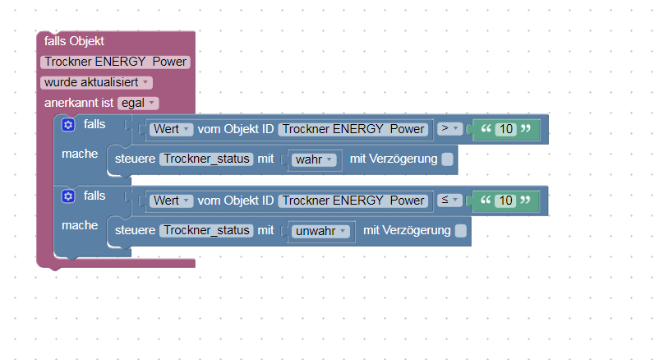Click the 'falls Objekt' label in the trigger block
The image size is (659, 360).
click(74, 41)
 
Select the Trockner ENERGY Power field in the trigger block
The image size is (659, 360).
click(116, 62)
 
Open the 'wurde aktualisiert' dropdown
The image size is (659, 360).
click(96, 82)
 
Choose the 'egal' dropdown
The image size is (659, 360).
click(138, 103)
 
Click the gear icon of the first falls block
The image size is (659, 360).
click(68, 125)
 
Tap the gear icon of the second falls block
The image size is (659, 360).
click(68, 196)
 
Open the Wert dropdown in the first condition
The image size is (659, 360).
click(171, 129)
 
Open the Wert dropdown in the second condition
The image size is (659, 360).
click(171, 201)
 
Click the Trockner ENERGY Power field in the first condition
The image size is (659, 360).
click(354, 129)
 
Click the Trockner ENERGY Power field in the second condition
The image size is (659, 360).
click(354, 201)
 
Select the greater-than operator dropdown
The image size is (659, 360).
click(449, 129)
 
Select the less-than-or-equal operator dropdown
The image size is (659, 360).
click(449, 201)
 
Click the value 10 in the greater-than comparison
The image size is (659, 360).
click(506, 129)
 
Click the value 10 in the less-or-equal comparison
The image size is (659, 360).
click(506, 201)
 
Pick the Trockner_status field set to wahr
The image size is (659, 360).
click(206, 159)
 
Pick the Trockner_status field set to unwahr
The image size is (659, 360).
click(206, 231)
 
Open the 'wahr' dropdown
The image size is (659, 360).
click(315, 159)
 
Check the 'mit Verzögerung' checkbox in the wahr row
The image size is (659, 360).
click(447, 159)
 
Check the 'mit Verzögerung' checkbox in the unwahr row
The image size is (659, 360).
click(460, 231)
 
